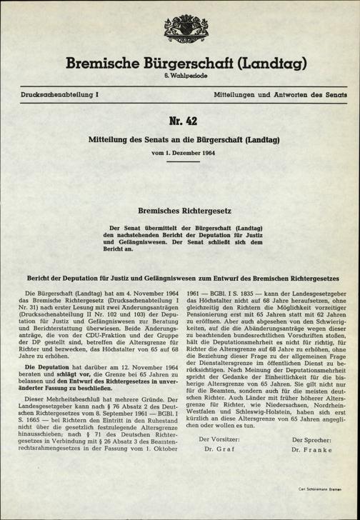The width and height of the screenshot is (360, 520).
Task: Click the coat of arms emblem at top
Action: click(179, 32)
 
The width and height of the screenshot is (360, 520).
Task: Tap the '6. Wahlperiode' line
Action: click(179, 77)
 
